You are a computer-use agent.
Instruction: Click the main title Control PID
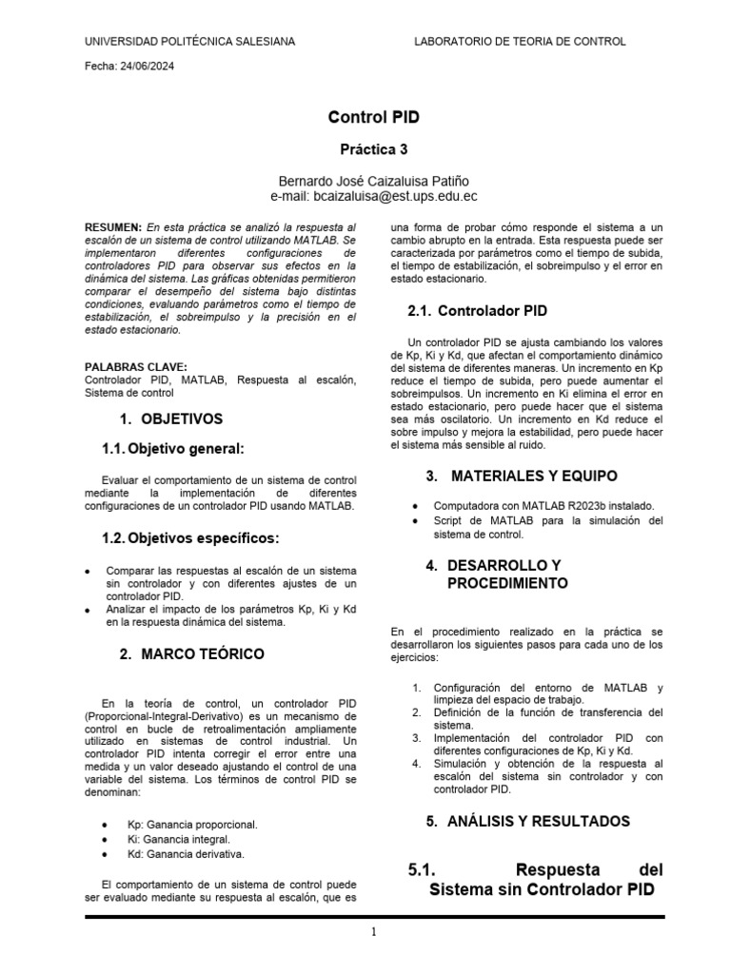pos(373,118)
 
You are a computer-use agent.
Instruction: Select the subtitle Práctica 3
pos(373,150)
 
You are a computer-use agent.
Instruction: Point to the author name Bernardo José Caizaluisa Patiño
pos(373,181)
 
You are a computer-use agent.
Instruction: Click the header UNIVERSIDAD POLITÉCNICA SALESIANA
pos(190,42)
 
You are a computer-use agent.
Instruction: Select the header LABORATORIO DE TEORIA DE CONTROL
pos(521,42)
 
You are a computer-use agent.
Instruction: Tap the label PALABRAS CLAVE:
pos(136,367)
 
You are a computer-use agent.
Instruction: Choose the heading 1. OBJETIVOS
pos(171,419)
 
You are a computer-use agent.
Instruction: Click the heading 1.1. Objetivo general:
pos(173,449)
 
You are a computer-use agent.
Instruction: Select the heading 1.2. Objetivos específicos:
pos(190,538)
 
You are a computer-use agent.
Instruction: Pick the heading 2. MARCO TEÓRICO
pos(191,654)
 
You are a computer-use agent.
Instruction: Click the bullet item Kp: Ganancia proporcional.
pos(192,824)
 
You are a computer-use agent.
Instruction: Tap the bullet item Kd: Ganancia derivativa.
pos(186,854)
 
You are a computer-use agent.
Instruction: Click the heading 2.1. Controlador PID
pos(477,311)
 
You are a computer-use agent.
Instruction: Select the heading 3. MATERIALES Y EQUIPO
pos(521,476)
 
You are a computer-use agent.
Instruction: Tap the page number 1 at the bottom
pos(374,933)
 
